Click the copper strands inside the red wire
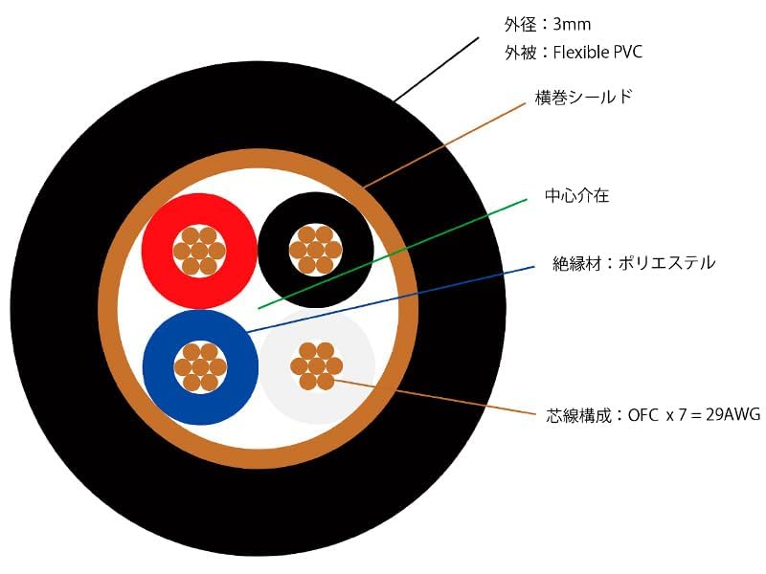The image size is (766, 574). tap(199, 251)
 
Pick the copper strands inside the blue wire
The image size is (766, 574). tap(200, 367)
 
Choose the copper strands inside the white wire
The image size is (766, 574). tap(317, 365)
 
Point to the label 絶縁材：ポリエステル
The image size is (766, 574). tap(634, 262)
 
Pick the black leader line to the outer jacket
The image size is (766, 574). tap(436, 69)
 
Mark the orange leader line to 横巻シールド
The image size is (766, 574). tap(450, 142)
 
